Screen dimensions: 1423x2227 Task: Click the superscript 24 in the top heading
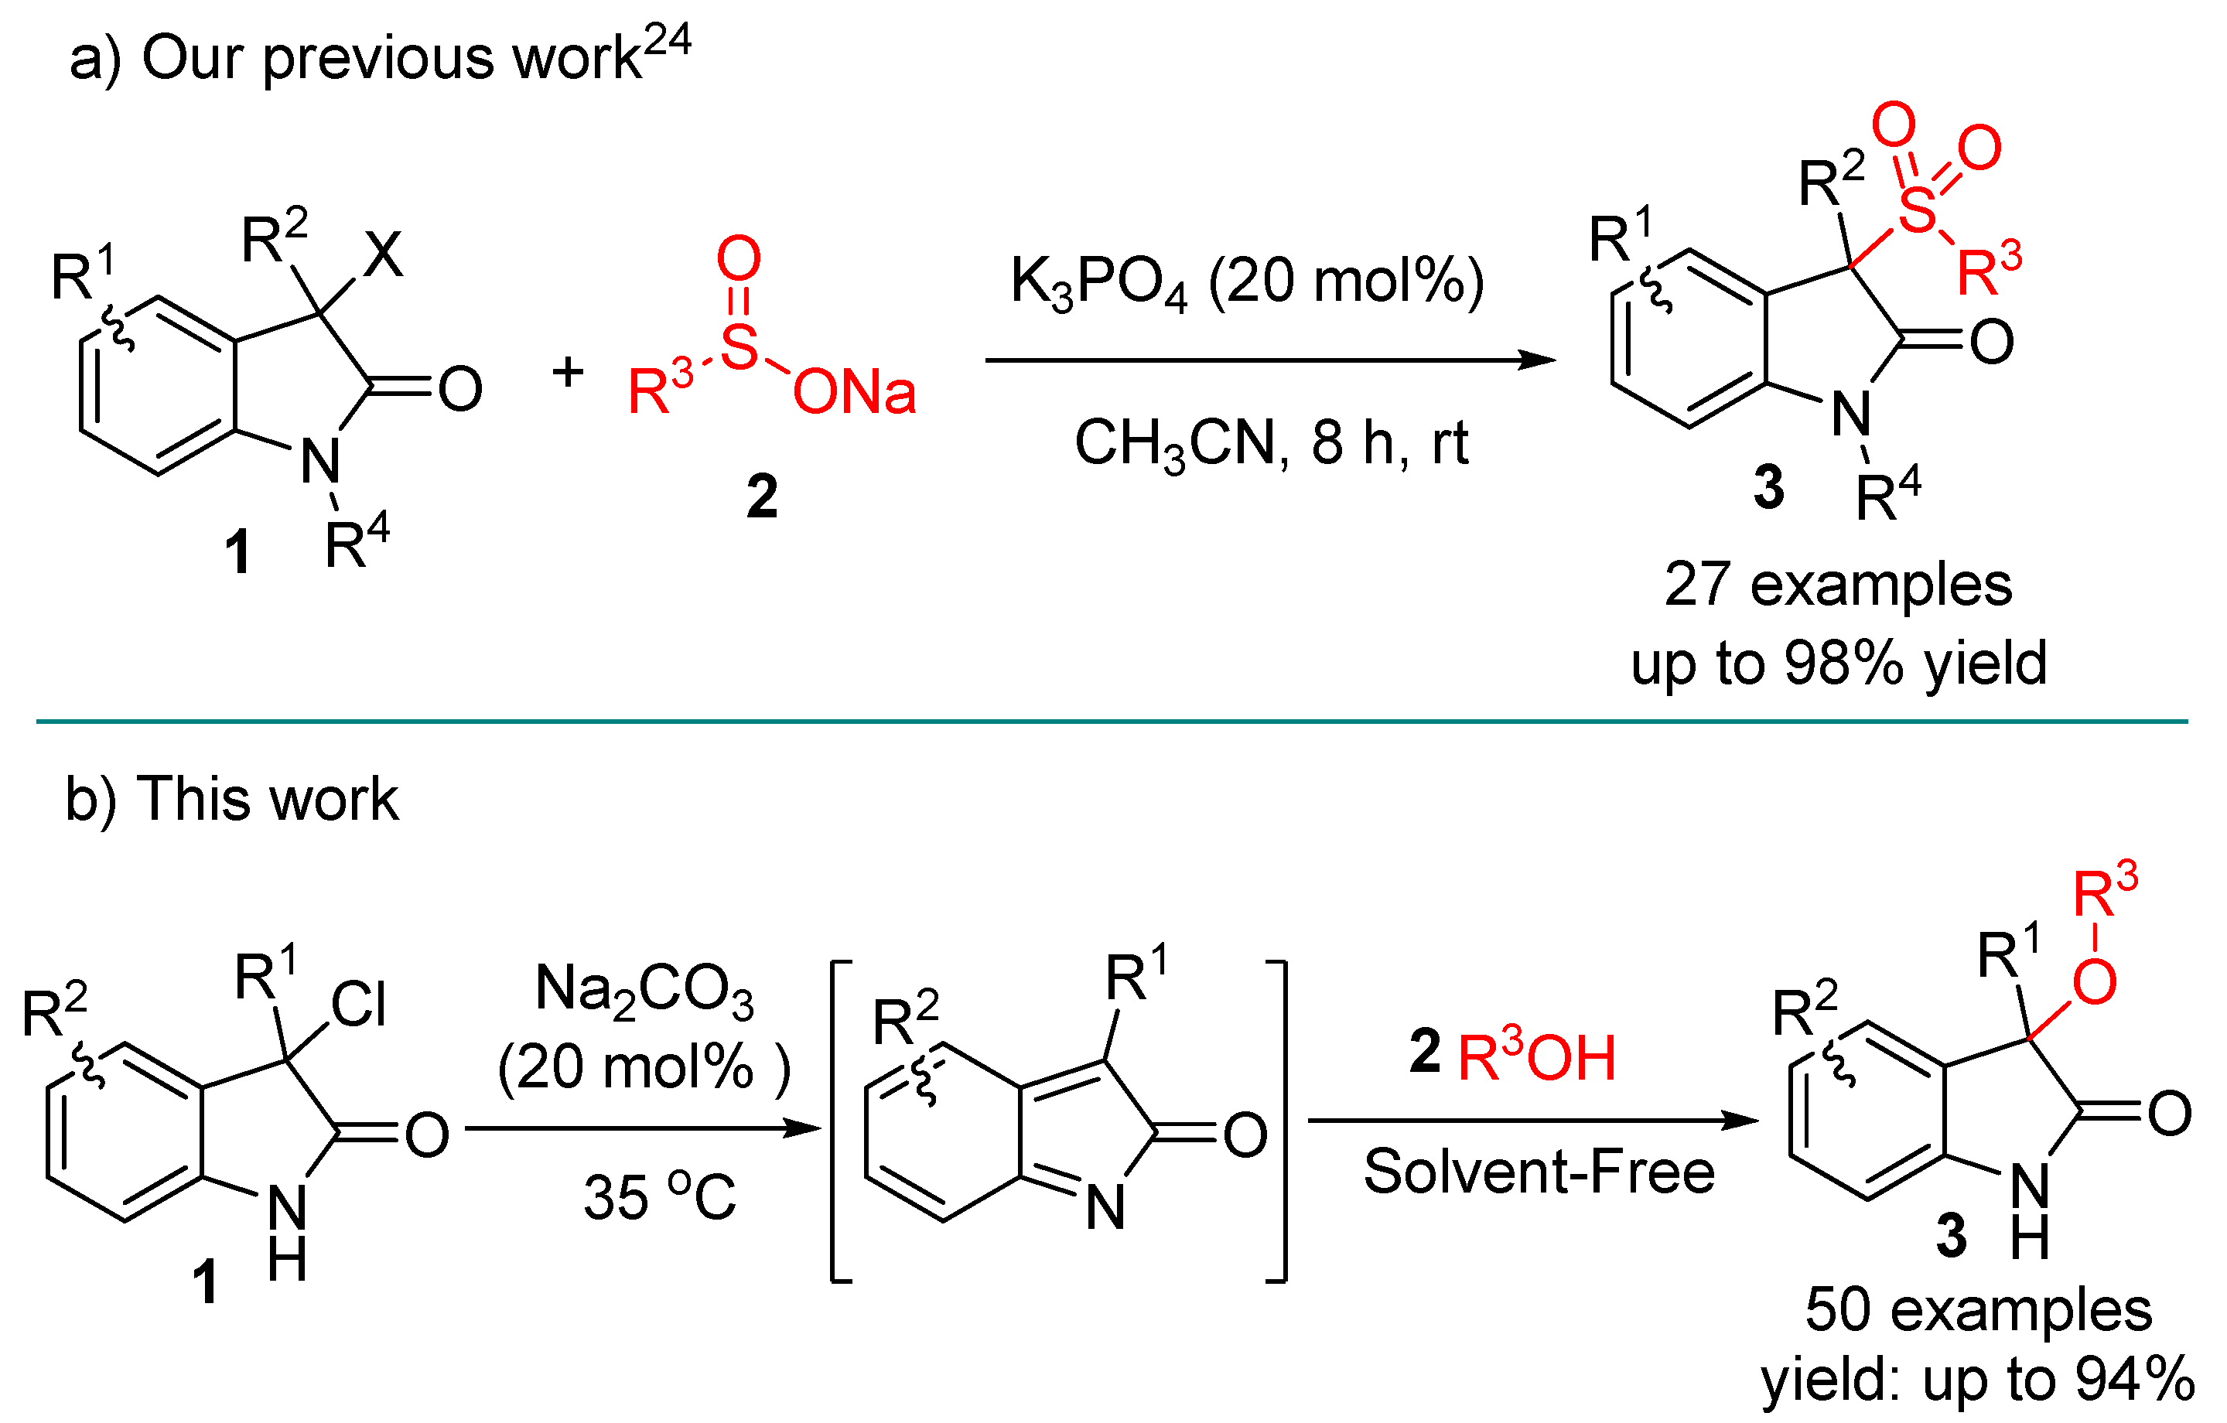tap(667, 41)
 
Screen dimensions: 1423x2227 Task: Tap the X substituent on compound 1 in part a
tap(383, 254)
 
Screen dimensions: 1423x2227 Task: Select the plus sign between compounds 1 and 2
tap(568, 372)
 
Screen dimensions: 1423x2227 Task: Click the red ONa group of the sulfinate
tap(854, 392)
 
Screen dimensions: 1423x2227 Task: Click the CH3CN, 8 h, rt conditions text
tap(1271, 444)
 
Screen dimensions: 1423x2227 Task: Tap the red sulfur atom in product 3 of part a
tap(1916, 209)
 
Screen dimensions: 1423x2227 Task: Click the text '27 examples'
tap(1838, 585)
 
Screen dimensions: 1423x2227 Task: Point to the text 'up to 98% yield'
tap(1839, 663)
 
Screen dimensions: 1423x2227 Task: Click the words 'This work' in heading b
tap(268, 799)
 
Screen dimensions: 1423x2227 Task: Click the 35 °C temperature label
tap(659, 1197)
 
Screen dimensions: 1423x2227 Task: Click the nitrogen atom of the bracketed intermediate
tap(1105, 1207)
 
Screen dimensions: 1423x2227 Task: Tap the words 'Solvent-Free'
tap(1539, 1172)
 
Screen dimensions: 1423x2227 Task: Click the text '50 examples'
tap(1978, 1310)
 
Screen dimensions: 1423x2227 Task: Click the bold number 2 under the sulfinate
tap(762, 497)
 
